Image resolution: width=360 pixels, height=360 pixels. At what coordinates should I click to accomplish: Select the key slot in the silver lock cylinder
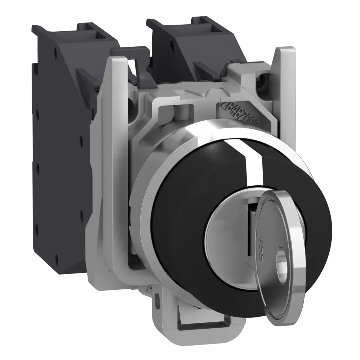250,225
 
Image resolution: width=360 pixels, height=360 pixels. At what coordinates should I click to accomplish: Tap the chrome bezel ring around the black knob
148,197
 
